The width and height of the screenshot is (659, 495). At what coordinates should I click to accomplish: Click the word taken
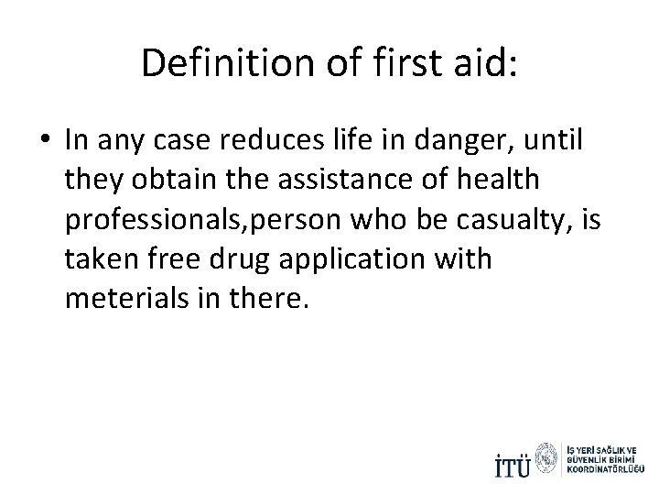103,259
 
